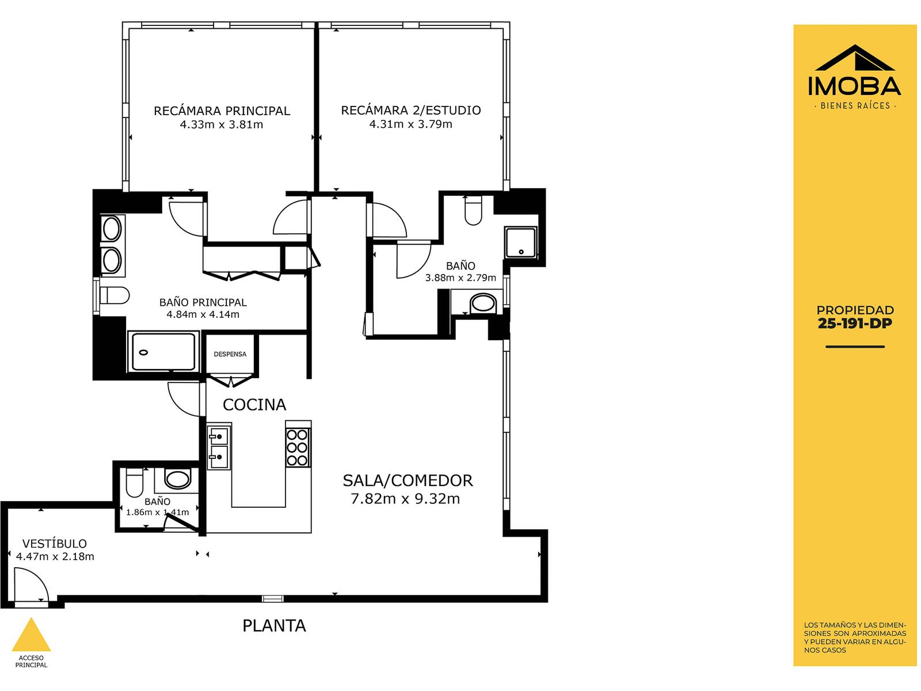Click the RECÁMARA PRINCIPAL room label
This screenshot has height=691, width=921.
(x=222, y=111)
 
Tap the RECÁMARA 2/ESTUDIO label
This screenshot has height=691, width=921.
(x=410, y=111)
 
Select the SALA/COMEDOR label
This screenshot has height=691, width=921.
(x=408, y=480)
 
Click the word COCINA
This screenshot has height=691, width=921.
(x=254, y=405)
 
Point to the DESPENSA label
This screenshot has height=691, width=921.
(x=230, y=354)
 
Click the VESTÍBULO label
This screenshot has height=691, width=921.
(x=55, y=544)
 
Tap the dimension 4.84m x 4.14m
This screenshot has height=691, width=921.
(x=203, y=314)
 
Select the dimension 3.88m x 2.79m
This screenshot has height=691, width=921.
(x=461, y=278)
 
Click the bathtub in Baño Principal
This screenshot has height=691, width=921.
(x=163, y=352)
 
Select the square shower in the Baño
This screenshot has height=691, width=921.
(x=521, y=242)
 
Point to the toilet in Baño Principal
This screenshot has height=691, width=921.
(x=114, y=295)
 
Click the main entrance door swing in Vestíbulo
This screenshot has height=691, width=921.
(x=31, y=584)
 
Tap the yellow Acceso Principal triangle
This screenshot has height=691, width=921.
(x=31, y=635)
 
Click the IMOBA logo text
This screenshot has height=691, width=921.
(x=854, y=86)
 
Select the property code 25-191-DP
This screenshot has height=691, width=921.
(x=855, y=324)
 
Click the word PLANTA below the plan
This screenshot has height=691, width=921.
(x=274, y=626)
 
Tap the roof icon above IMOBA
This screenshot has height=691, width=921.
(x=855, y=58)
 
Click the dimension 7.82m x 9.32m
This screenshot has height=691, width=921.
(x=405, y=499)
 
